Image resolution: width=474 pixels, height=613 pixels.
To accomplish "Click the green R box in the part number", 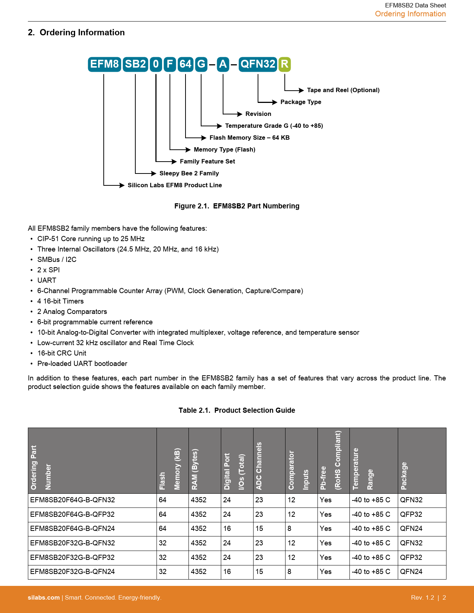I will pyautogui.click(x=284, y=64).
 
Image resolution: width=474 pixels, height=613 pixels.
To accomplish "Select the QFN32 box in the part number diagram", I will pyautogui.click(x=258, y=64).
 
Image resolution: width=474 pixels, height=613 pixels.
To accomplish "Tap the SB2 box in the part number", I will pyautogui.click(x=135, y=64).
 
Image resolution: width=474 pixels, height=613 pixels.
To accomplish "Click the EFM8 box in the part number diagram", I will pyautogui.click(x=104, y=64).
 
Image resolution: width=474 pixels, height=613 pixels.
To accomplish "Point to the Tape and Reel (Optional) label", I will pyautogui.click(x=343, y=90).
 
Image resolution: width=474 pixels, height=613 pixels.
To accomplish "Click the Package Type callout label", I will pyautogui.click(x=300, y=102).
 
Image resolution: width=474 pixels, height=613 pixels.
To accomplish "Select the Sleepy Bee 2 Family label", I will pyautogui.click(x=189, y=173).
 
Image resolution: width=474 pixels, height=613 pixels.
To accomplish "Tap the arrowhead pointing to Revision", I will pyautogui.click(x=239, y=114).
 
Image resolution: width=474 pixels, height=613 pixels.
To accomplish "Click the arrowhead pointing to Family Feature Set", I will pyautogui.click(x=174, y=162).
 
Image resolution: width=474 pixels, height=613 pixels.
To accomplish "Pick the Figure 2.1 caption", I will pyautogui.click(x=237, y=206).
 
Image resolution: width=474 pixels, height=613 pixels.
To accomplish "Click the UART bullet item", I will pyautogui.click(x=47, y=280).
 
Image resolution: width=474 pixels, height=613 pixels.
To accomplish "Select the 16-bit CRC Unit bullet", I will pyautogui.click(x=62, y=353).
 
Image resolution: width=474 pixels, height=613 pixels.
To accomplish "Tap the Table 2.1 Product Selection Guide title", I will pyautogui.click(x=237, y=411).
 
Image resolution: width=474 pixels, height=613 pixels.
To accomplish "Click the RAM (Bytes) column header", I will pyautogui.click(x=195, y=470).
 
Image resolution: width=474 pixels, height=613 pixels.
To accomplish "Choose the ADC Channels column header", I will pyautogui.click(x=259, y=466).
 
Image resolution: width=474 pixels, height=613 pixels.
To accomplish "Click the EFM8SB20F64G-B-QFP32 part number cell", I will pyautogui.click(x=72, y=515).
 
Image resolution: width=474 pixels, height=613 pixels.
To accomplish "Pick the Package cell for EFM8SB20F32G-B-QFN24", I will pyautogui.click(x=411, y=572).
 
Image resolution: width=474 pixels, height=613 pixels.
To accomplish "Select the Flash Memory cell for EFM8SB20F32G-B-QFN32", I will pyautogui.click(x=163, y=543).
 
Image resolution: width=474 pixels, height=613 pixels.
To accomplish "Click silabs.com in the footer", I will pyautogui.click(x=44, y=598).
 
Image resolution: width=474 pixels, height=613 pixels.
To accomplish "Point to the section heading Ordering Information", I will pyautogui.click(x=82, y=33).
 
